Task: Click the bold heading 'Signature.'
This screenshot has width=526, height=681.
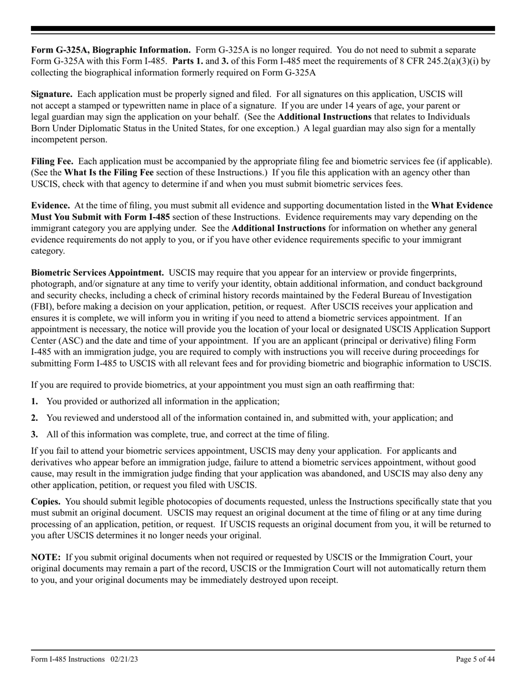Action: pos(51,94)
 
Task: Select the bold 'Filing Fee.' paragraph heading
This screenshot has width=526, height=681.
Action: pos(52,161)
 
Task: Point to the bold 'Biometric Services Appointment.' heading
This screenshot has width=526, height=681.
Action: pos(97,272)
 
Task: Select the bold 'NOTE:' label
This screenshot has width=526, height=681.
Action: pos(45,557)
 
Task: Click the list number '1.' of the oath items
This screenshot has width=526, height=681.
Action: pos(34,401)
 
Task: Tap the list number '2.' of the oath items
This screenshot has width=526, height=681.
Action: pos(34,417)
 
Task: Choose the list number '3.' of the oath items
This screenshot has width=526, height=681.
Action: pos(34,434)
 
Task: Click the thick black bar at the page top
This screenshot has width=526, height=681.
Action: pos(263,29)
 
